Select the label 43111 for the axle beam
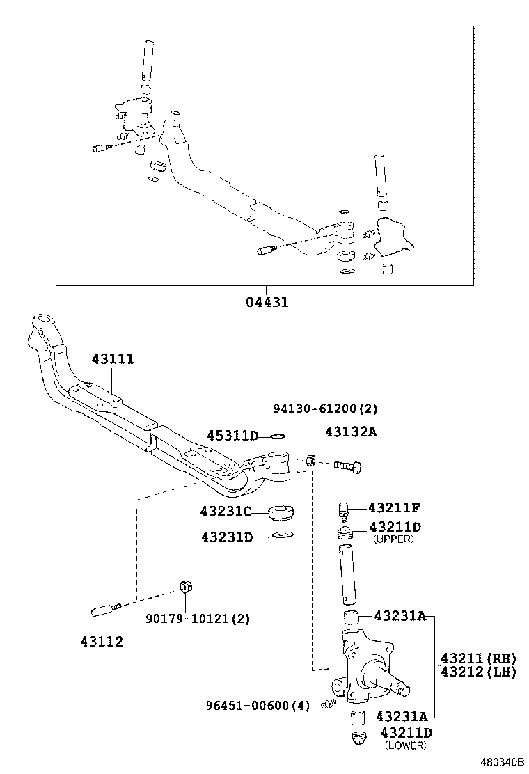click(112, 359)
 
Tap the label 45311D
click(232, 436)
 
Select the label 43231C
click(226, 512)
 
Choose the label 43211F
click(394, 507)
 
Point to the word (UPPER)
click(393, 539)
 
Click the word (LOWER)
click(405, 745)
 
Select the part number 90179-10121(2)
click(197, 618)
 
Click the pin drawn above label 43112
click(106, 611)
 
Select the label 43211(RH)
click(477, 658)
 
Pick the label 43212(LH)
click(477, 672)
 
